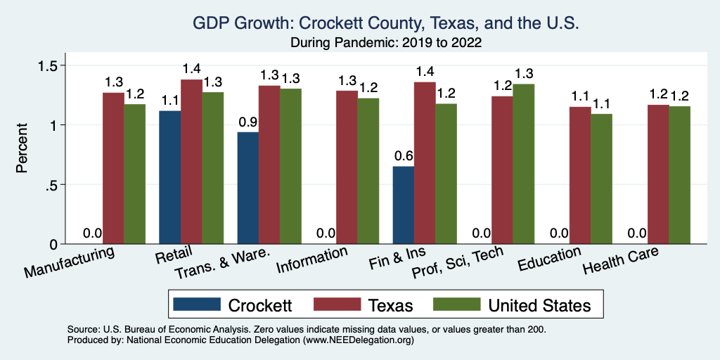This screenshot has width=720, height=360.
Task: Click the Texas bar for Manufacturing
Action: pyautogui.click(x=113, y=168)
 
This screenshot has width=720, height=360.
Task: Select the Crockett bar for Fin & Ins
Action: pyautogui.click(x=403, y=205)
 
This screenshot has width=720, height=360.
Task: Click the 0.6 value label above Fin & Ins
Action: pyautogui.click(x=403, y=155)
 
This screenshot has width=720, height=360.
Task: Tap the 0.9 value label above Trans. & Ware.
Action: pyautogui.click(x=247, y=121)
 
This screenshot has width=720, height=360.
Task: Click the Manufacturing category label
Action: pyautogui.click(x=68, y=262)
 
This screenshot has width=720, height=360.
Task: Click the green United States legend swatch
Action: pyautogui.click(x=456, y=304)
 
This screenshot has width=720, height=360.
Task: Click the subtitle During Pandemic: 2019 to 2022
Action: pyautogui.click(x=385, y=43)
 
